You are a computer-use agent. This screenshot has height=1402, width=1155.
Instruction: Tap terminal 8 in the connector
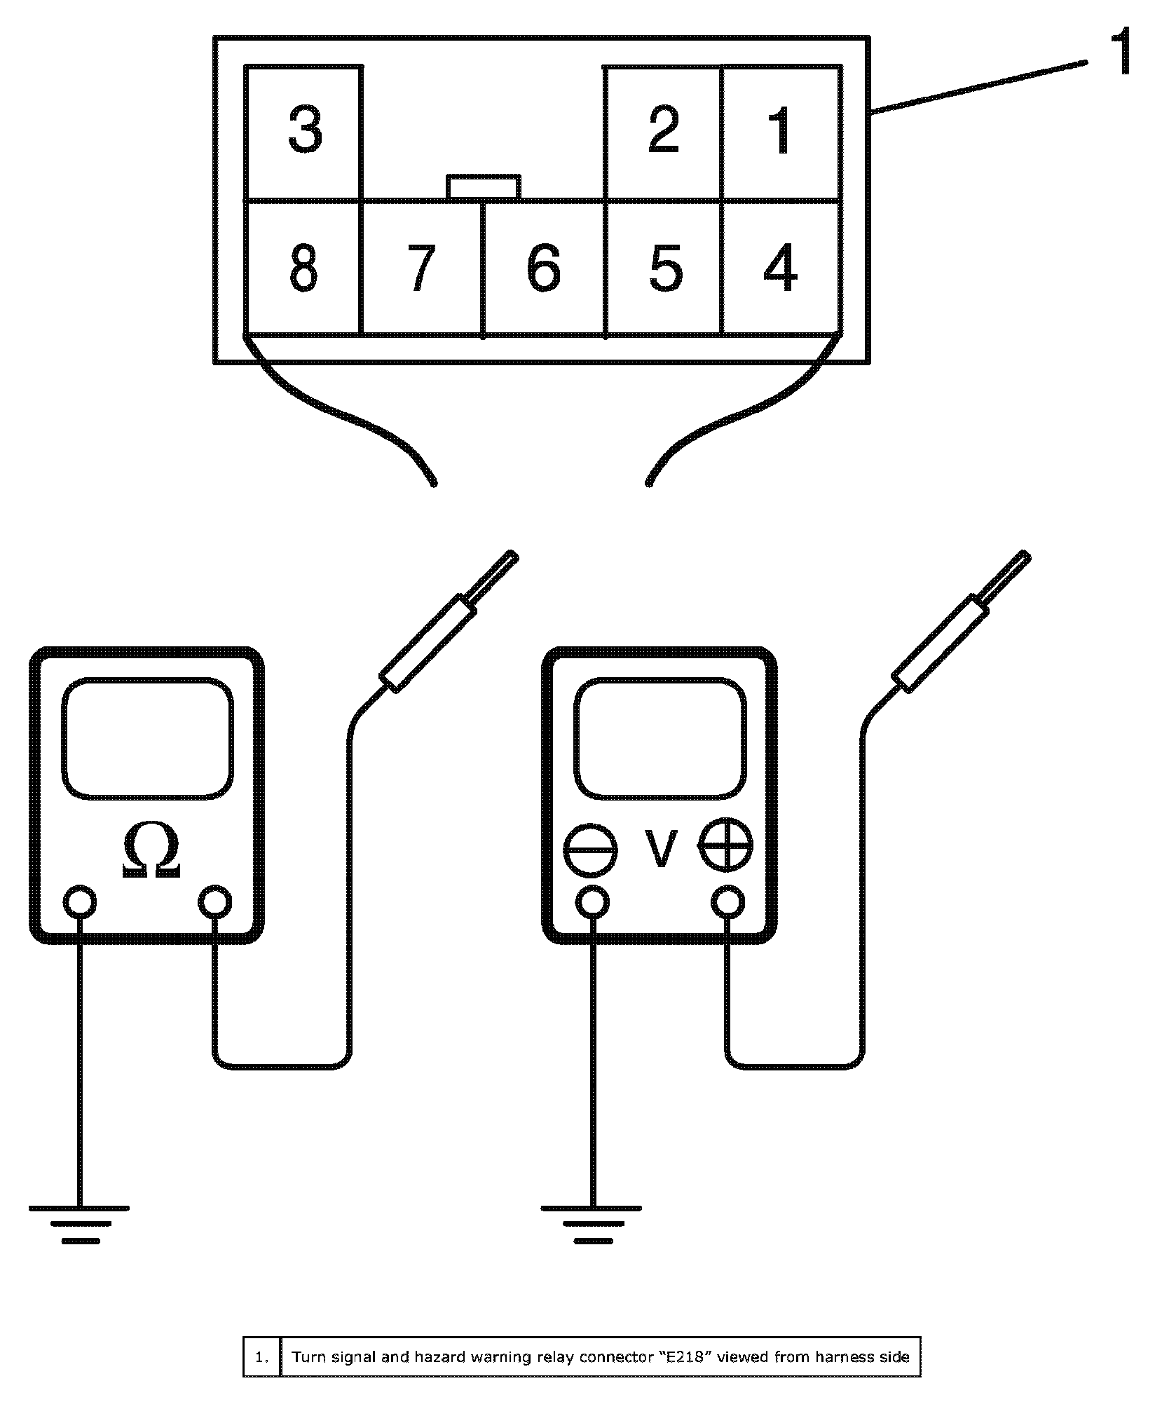303,268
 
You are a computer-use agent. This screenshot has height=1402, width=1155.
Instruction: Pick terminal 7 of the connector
421,268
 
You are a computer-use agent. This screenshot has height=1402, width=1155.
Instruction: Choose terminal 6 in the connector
544,268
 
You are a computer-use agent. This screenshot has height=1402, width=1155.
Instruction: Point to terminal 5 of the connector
664,268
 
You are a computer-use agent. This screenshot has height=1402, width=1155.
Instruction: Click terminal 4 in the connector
780,268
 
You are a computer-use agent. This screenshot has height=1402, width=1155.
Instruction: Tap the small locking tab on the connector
484,187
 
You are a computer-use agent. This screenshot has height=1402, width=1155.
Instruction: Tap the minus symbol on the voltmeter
590,850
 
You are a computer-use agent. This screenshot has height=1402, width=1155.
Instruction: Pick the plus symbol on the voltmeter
726,846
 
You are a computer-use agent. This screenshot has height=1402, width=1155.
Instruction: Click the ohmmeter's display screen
147,737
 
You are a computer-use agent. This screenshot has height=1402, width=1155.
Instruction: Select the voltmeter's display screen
660,737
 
